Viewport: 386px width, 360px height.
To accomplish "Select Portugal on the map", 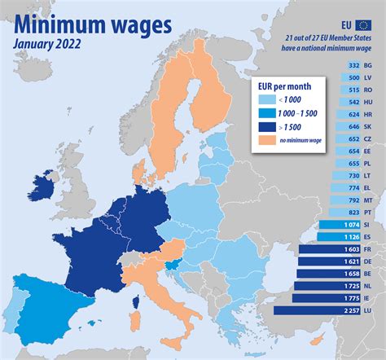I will (x=11, y=306).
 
